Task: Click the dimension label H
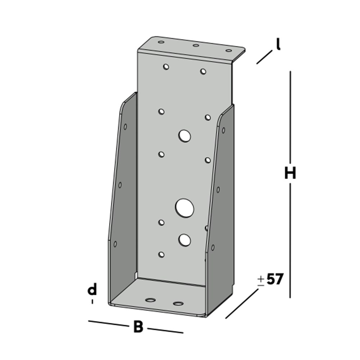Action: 290,173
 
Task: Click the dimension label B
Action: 138,327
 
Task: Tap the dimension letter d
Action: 93,290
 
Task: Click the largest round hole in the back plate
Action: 185,208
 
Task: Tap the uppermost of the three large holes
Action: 185,136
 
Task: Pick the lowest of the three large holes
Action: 185,239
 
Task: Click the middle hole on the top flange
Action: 196,45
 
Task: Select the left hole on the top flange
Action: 161,42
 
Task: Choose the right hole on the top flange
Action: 229,51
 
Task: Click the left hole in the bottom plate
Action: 150,300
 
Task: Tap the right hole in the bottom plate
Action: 178,303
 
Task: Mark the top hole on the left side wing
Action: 125,126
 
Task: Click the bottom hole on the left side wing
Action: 115,244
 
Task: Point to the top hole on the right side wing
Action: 224,130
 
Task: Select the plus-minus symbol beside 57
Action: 261,281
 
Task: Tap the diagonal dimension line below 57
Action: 242,303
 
